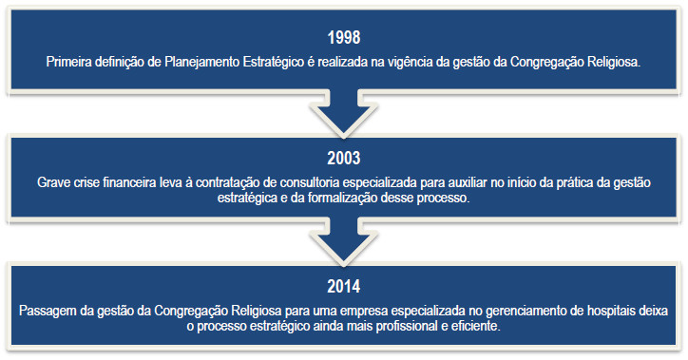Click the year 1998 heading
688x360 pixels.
pyautogui.click(x=343, y=41)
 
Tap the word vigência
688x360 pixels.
pyautogui.click(x=434, y=63)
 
